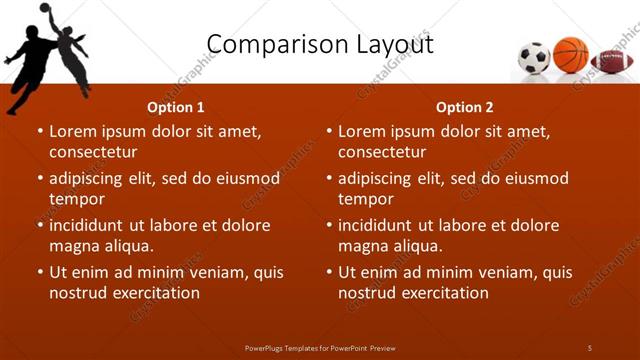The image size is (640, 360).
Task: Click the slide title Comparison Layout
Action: tap(319, 44)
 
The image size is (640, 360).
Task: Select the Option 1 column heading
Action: tap(176, 107)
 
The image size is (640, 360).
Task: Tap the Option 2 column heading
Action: tap(465, 107)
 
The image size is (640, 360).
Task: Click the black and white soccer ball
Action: tap(534, 57)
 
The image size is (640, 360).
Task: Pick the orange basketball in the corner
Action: tap(571, 54)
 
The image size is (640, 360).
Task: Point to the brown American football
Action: tap(610, 61)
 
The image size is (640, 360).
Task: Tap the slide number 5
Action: tap(590, 347)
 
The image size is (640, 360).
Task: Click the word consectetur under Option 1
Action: tap(93, 152)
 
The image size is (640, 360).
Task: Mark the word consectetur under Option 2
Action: tap(382, 152)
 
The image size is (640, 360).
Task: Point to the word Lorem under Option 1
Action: tap(73, 131)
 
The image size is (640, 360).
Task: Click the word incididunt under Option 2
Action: tap(382, 225)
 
